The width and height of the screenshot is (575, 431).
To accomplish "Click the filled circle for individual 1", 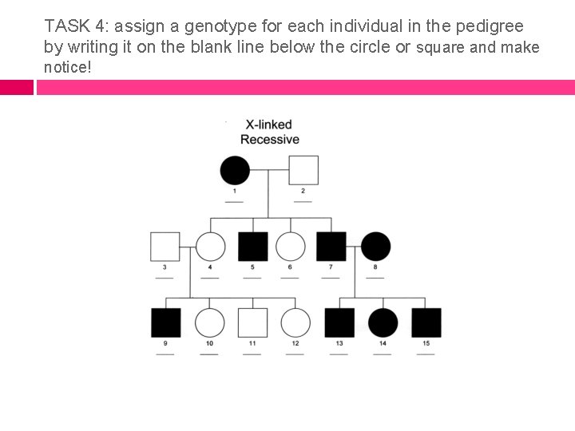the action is point(234,170).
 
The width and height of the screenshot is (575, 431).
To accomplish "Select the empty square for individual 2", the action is point(303,170).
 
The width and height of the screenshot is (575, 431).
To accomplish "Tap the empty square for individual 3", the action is point(165,247).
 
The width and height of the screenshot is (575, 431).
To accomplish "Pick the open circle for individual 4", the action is point(210,247).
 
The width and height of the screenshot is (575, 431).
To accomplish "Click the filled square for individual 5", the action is point(252,247).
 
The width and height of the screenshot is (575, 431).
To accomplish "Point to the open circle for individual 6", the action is point(290,247).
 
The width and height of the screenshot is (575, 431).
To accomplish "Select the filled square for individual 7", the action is point(331,247).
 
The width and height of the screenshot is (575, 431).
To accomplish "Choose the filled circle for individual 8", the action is point(376,247).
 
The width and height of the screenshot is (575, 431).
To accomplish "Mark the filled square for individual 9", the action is point(165,322).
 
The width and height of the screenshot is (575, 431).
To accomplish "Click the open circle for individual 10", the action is point(209,322).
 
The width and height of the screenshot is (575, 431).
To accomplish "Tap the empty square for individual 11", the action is point(252,322).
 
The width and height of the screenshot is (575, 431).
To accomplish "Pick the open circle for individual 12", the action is point(295,322).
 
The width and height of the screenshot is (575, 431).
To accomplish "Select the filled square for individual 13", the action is point(339,322).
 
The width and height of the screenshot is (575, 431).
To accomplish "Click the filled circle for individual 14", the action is point(383,322).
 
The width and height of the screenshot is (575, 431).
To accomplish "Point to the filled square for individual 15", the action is point(426,322).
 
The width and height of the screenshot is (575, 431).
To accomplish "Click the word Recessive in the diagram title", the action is point(270,140).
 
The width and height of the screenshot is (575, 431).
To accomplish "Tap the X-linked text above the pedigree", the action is point(268,125).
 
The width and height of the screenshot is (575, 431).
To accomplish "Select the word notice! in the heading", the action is point(68,67).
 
